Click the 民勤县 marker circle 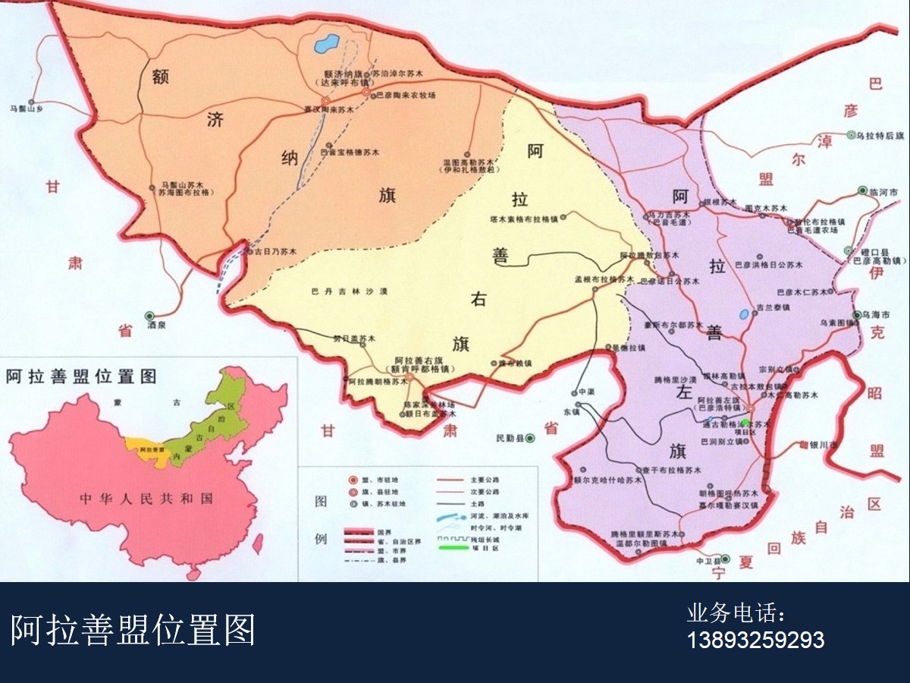531,438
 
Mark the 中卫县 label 706,562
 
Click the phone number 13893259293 755,640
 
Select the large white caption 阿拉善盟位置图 133,630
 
